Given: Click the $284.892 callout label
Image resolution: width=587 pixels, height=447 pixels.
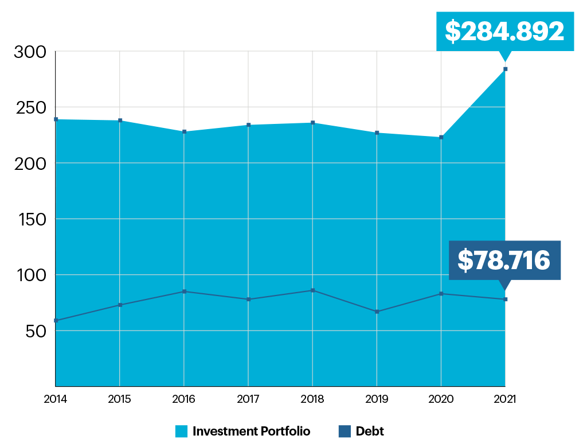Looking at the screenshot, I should tap(504, 32).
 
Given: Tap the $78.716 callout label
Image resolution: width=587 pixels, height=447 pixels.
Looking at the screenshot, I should tap(504, 261).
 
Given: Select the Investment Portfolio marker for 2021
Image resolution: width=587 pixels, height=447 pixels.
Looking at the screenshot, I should tap(505, 69).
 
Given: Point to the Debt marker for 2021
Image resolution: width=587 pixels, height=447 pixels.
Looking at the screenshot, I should tap(505, 300).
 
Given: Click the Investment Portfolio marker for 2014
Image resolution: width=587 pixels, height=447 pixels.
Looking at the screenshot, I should tap(56, 119).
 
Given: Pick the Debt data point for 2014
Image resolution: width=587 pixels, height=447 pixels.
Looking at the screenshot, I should tap(56, 320).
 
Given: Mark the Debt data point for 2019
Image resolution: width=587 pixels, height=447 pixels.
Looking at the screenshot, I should tap(377, 312).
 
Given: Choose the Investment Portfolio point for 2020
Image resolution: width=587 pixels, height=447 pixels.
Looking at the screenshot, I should tap(441, 137).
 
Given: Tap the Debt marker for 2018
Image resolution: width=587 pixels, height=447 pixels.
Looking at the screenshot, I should tap(312, 290).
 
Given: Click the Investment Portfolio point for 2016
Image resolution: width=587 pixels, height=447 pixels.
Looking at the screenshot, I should tap(184, 132).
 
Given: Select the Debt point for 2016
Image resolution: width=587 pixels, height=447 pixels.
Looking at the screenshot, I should tap(184, 291).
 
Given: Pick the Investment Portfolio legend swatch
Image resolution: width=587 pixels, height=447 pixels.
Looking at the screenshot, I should tap(182, 431).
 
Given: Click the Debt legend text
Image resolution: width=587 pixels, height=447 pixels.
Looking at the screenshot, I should tap(370, 431).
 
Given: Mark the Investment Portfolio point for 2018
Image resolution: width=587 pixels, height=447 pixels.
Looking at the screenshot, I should tap(312, 123).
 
